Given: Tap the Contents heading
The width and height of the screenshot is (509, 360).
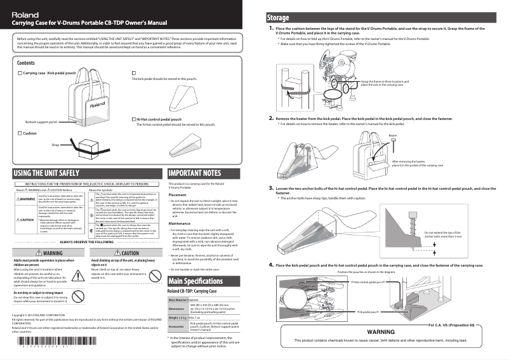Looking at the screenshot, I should click(26, 63).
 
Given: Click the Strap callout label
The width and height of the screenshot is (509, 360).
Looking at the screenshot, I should click(55, 146).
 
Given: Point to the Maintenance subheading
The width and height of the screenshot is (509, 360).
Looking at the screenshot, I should click(183, 223).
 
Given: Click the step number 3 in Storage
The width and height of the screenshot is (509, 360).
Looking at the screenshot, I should click(271, 187).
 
